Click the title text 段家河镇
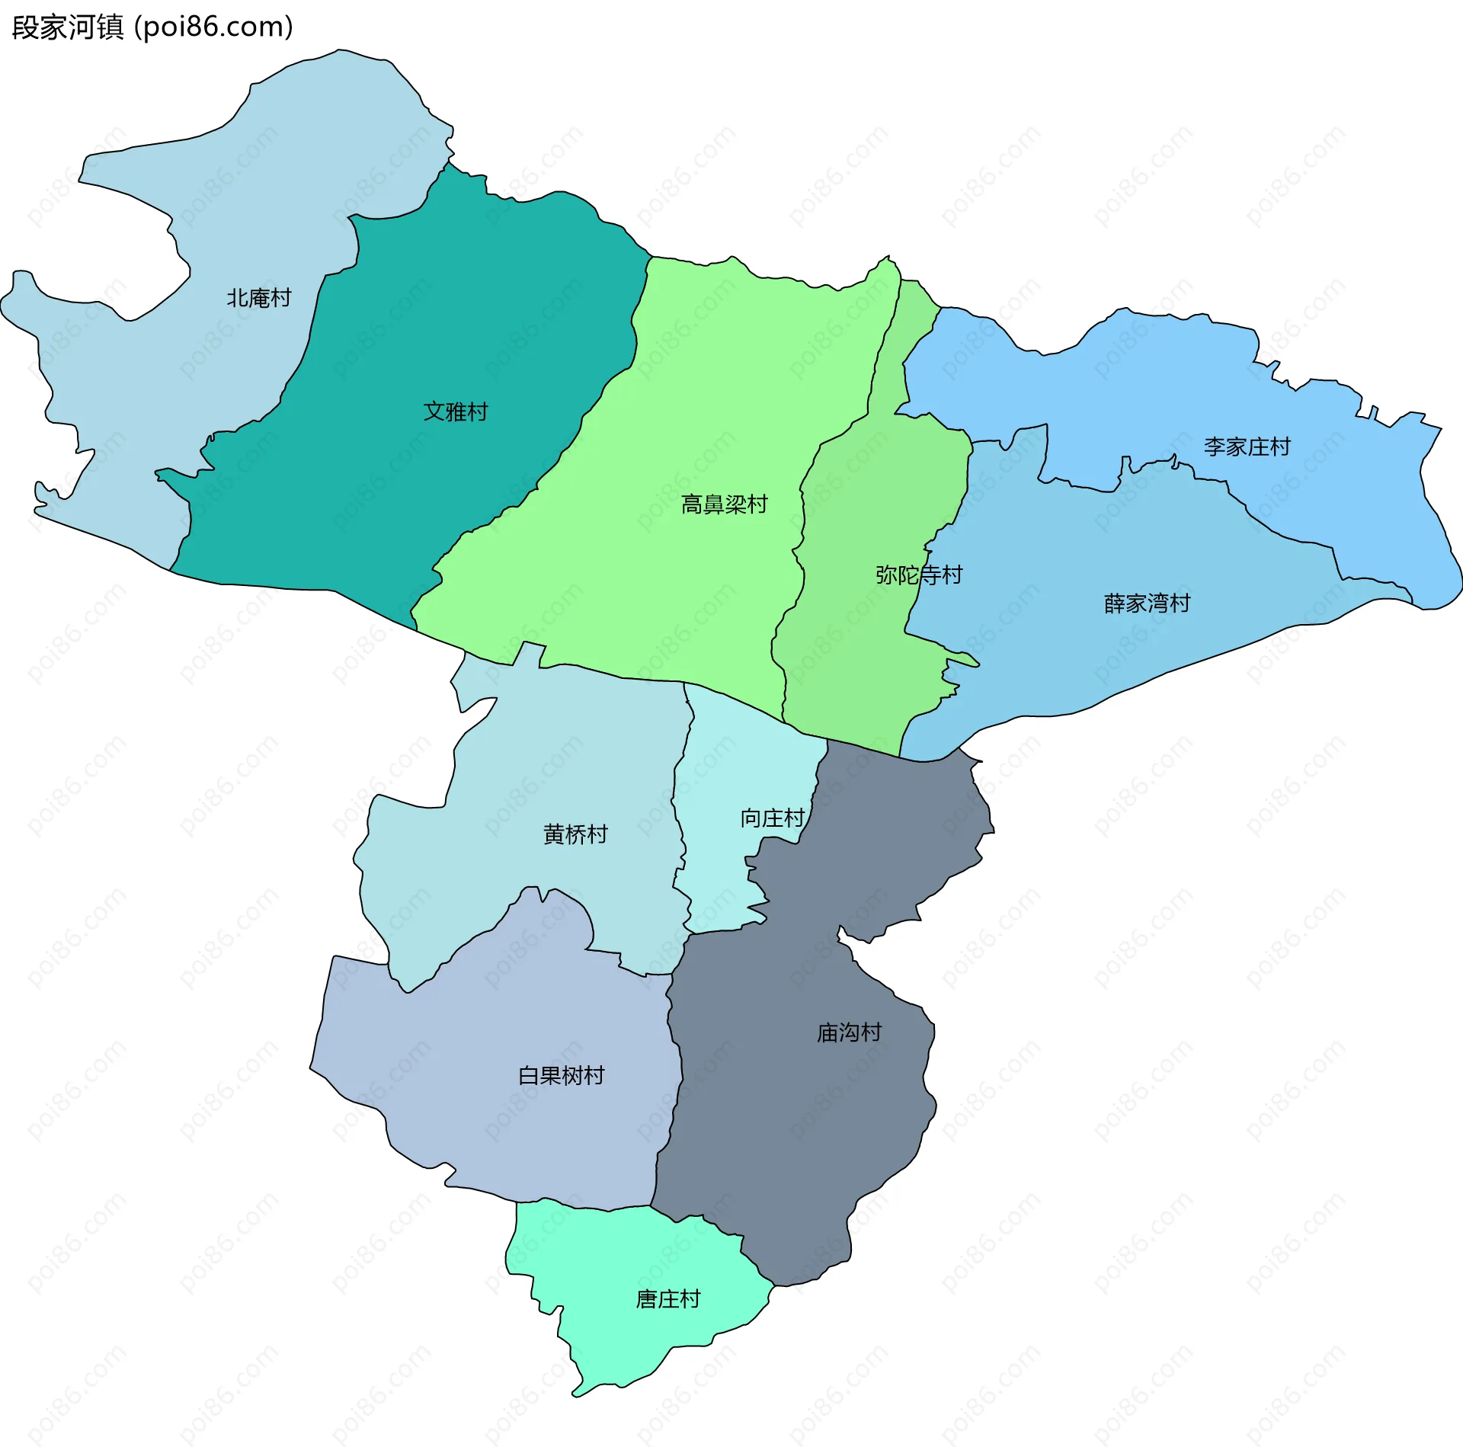[x=67, y=27]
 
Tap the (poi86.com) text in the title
[x=213, y=27]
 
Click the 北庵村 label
[x=259, y=298]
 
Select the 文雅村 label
[x=456, y=411]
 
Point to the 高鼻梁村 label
[x=724, y=504]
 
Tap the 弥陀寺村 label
[x=919, y=575]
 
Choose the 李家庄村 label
[x=1247, y=447]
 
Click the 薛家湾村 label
[x=1147, y=603]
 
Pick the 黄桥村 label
[x=575, y=834]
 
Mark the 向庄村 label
[x=773, y=818]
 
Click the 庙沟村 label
[x=849, y=1032]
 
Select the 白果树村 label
[x=562, y=1075]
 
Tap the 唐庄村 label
[x=668, y=1298]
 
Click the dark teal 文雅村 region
[x=472, y=320]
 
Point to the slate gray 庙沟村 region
[x=800, y=1128]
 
